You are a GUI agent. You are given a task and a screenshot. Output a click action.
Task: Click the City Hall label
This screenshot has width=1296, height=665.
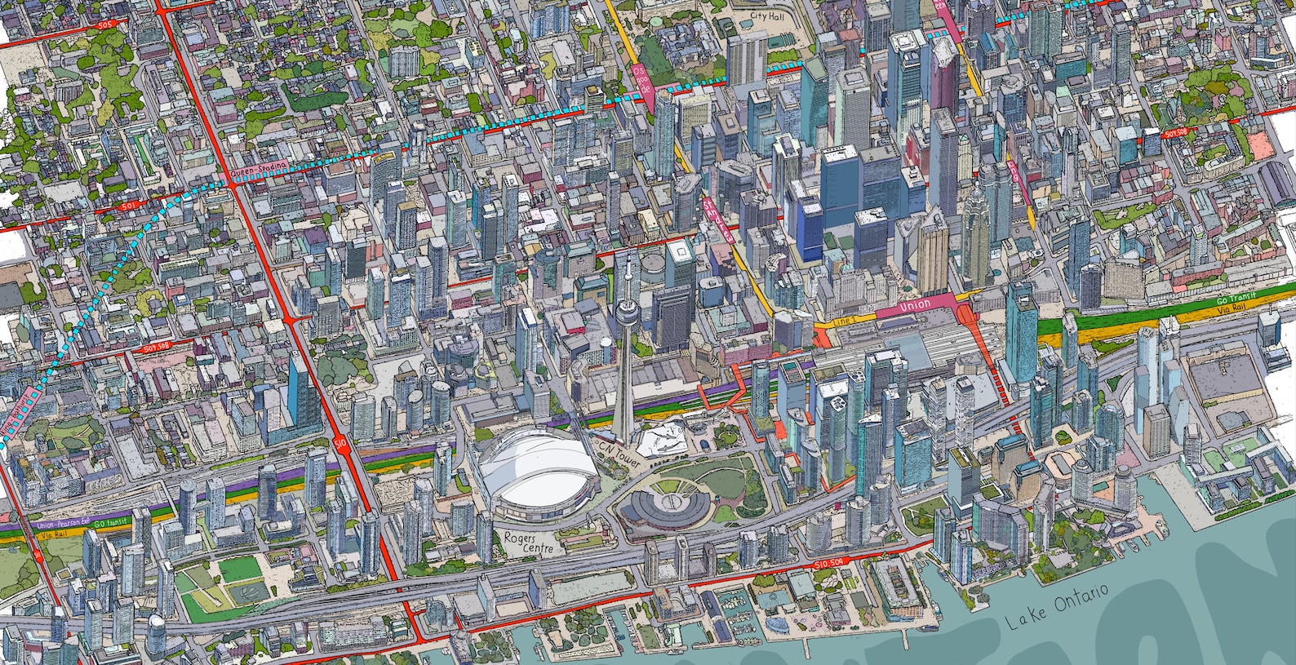point(766,16)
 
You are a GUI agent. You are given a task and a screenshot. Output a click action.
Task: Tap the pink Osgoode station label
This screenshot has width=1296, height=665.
point(642,78)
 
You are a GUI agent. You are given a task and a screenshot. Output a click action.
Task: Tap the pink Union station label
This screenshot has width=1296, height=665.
point(914,305)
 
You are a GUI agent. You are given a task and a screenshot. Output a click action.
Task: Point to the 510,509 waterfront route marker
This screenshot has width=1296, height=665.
point(832,564)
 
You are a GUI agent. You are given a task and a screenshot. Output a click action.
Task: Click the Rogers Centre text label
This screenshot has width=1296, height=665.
point(527,543)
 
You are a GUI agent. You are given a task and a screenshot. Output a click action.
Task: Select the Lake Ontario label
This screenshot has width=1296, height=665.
point(1057,607)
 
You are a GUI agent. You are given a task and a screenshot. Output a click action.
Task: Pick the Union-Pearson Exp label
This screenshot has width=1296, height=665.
point(62,525)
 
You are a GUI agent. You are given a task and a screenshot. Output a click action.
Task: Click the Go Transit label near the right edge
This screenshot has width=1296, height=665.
point(1236,299)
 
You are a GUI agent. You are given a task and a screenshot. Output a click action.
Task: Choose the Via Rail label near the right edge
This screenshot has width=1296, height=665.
point(1231,309)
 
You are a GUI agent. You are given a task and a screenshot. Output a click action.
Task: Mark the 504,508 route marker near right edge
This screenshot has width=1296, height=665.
point(1175,132)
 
